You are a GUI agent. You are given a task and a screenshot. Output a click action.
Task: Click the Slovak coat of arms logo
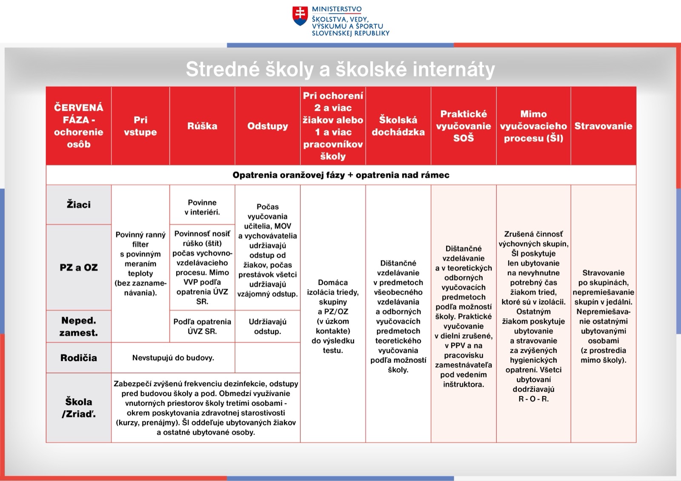(300, 16)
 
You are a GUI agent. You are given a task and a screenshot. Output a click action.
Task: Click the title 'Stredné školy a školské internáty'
(340, 69)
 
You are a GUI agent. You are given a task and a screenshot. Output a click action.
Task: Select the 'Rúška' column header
(202, 126)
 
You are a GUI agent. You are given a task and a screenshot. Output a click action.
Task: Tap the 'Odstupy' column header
(268, 126)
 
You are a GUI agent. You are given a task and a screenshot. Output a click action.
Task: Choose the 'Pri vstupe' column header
(140, 126)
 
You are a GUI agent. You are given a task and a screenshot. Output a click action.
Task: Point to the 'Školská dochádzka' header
(398, 126)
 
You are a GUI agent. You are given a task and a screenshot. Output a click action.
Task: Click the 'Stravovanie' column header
(603, 126)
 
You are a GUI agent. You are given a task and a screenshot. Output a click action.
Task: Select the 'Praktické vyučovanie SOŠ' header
(464, 126)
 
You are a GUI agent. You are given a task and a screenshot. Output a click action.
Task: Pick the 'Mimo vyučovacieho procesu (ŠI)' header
(533, 126)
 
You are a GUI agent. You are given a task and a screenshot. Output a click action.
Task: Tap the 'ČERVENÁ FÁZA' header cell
(79, 126)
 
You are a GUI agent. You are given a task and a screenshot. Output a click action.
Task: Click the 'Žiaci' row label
(79, 205)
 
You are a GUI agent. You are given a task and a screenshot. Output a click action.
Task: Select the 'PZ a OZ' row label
(79, 268)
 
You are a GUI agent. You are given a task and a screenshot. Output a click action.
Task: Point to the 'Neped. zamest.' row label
(79, 327)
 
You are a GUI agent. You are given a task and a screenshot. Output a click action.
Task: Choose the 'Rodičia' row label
(79, 358)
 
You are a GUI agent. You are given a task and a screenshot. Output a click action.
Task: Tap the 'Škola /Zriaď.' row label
(79, 407)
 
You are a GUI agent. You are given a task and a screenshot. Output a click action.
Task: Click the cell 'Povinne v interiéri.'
(202, 207)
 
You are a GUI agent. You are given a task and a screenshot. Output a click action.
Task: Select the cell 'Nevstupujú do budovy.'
(173, 358)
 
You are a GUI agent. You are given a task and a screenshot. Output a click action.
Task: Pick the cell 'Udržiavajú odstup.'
(268, 327)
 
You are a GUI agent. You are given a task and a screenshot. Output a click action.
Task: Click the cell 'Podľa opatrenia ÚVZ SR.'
(202, 327)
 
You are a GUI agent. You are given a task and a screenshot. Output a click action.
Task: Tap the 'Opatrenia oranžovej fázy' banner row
(340, 175)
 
